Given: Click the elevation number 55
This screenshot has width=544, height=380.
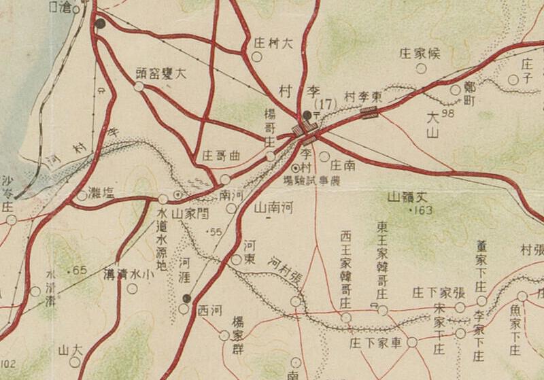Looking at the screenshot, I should click(x=217, y=232).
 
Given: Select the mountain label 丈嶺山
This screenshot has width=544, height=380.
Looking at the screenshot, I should click(x=412, y=198).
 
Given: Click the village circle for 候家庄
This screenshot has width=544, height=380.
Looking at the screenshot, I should click(x=422, y=68).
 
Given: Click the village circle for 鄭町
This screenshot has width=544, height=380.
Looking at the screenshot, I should click(x=456, y=90).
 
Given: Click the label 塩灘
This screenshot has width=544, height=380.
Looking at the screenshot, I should click(x=101, y=194).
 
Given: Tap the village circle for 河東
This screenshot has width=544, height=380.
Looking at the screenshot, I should click(x=236, y=260).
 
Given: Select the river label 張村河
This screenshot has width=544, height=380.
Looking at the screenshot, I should click(x=286, y=271).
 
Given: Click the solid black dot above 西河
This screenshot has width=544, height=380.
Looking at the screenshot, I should click(x=188, y=298).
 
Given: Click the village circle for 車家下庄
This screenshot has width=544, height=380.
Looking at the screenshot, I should click(x=413, y=343).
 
